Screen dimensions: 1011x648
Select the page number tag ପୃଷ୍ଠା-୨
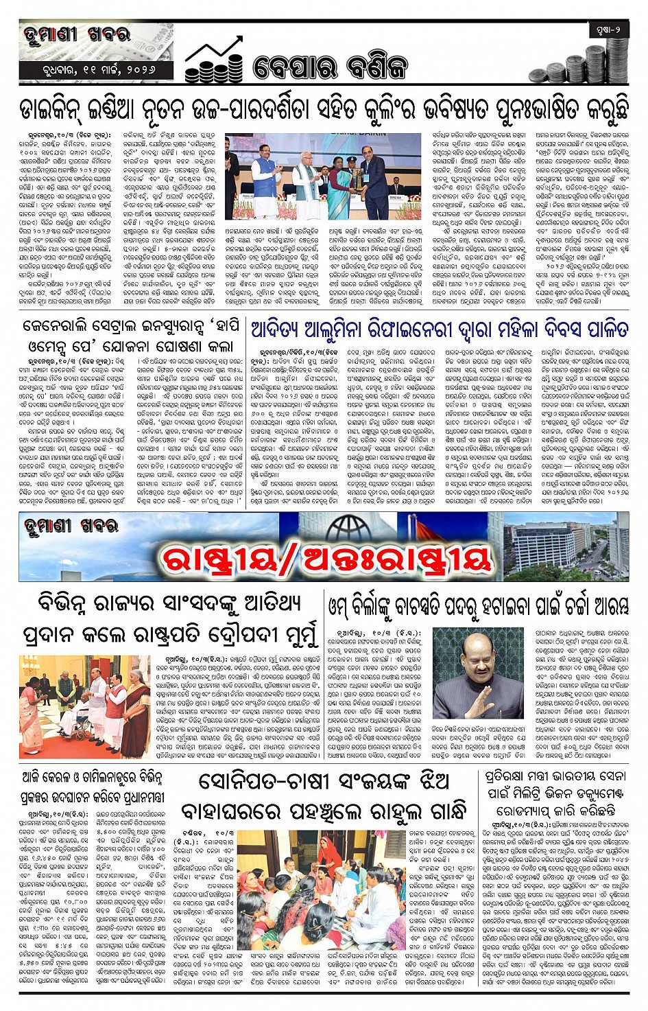point(608,30)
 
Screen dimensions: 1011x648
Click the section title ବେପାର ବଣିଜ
point(330,67)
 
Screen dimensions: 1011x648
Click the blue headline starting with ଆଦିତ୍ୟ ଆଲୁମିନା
point(439,329)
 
